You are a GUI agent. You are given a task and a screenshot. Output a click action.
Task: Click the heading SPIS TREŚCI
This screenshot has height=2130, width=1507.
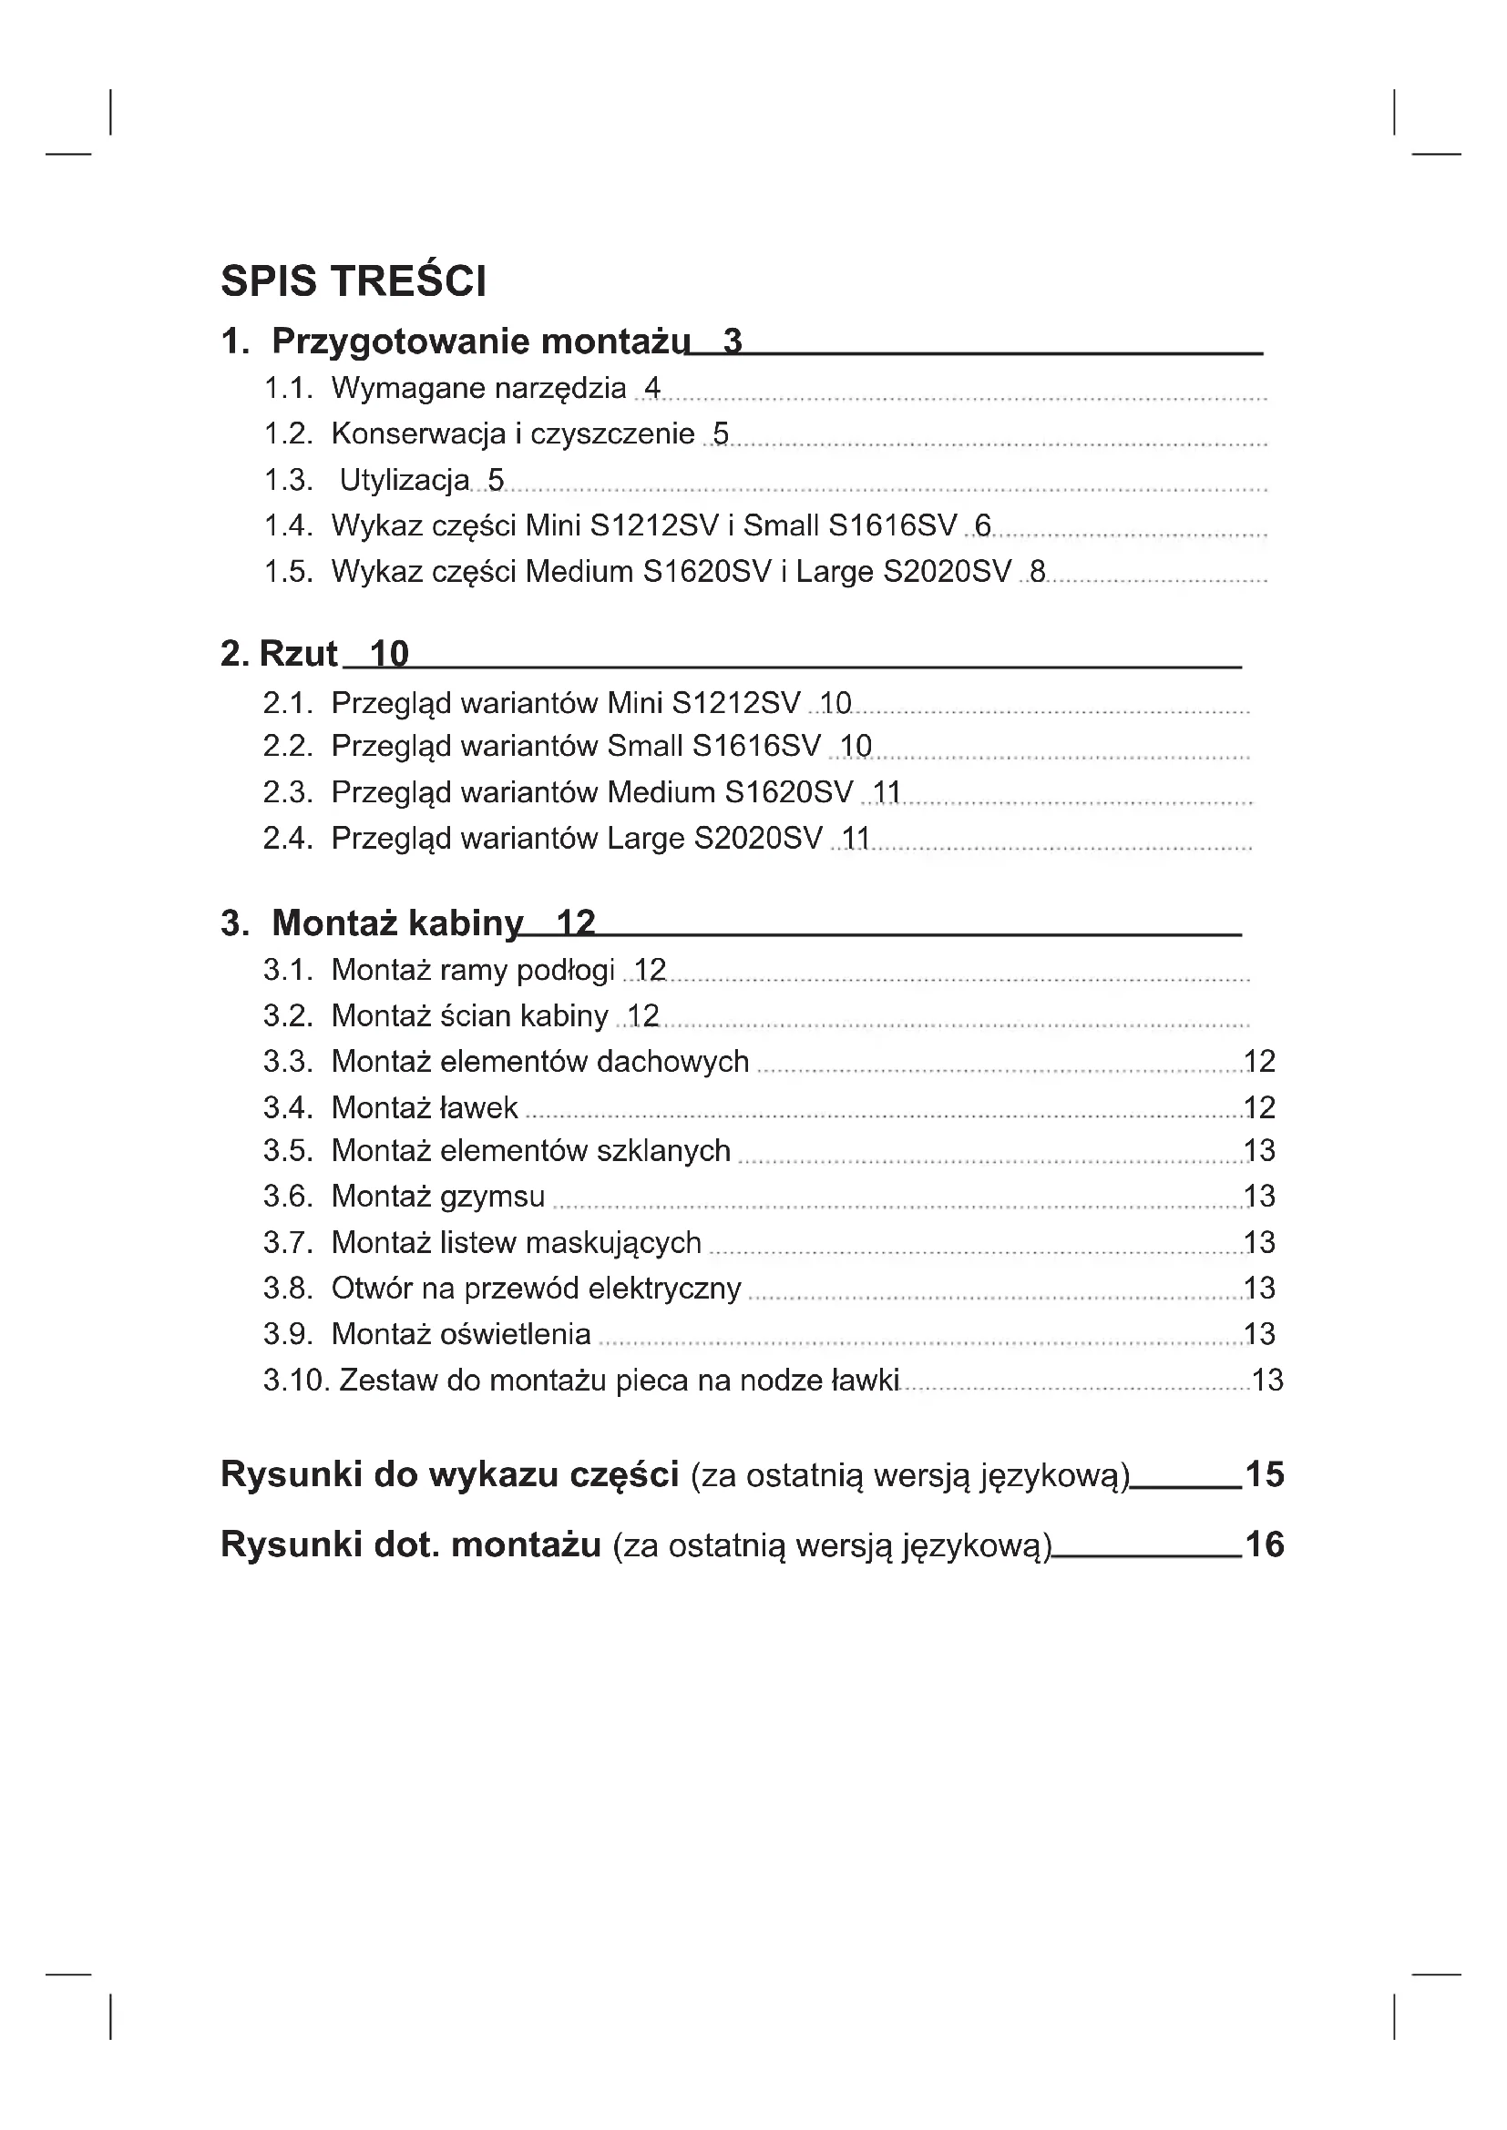click(x=354, y=281)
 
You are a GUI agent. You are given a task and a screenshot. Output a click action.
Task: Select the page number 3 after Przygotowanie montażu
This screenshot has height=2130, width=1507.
click(x=733, y=341)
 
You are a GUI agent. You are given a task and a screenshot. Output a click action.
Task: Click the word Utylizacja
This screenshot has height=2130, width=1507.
click(x=405, y=480)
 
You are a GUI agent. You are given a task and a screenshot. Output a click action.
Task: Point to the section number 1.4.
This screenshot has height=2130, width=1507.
click(x=288, y=525)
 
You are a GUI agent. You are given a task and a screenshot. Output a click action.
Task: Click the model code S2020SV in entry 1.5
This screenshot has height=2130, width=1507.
click(x=947, y=572)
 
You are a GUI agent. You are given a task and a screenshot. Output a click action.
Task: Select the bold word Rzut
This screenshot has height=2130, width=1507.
click(x=298, y=654)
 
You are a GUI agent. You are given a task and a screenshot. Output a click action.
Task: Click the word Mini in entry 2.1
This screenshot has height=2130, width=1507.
click(x=635, y=703)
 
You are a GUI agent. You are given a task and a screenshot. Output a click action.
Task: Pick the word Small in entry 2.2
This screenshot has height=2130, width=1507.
click(x=645, y=746)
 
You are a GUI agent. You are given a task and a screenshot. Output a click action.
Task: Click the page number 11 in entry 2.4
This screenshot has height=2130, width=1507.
click(x=855, y=839)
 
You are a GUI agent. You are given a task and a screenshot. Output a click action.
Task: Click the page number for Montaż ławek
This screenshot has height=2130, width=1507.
click(x=1259, y=1107)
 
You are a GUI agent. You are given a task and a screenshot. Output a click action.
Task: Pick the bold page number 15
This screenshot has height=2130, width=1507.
click(x=1264, y=1474)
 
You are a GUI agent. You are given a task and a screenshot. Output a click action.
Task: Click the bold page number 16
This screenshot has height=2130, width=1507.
click(x=1264, y=1544)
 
